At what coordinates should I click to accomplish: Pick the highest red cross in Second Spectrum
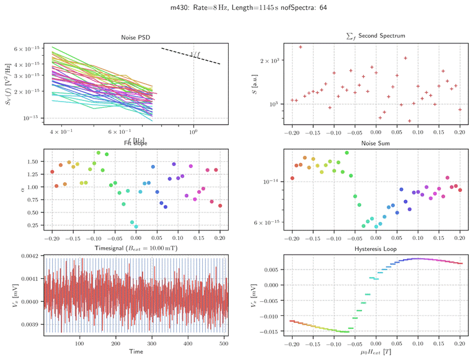[x=301, y=47]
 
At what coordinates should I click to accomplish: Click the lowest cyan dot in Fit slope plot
[x=136, y=227]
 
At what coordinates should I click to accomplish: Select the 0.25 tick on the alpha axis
[x=34, y=226]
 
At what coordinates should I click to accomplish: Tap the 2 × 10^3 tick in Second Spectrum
[x=273, y=61]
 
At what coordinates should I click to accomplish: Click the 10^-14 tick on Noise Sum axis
[x=273, y=182]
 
